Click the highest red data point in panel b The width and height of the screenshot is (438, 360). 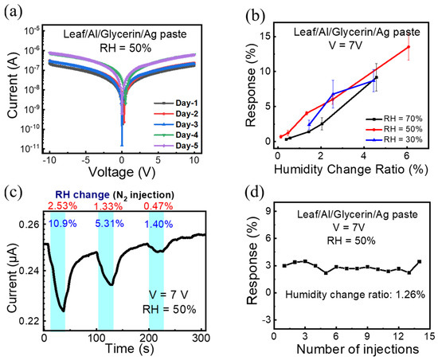click(409, 47)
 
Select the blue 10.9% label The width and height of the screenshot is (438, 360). click(64, 222)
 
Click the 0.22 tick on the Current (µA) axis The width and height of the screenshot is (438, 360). click(29, 320)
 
